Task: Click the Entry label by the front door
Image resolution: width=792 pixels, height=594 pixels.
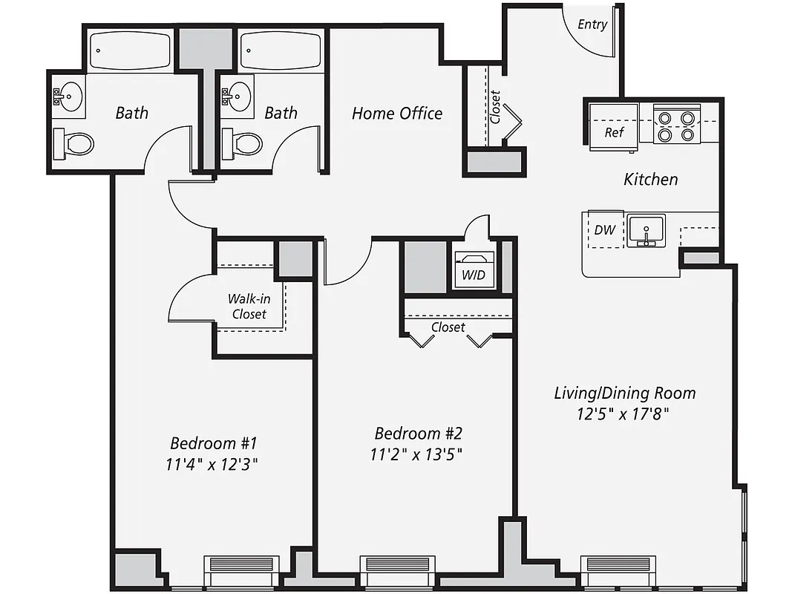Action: pyautogui.click(x=592, y=25)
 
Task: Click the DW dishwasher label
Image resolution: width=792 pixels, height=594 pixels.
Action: pyautogui.click(x=605, y=229)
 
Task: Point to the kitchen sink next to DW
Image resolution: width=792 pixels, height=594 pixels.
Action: pyautogui.click(x=647, y=230)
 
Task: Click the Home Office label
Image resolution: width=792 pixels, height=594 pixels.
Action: pyautogui.click(x=397, y=114)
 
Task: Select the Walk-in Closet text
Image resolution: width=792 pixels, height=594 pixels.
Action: pyautogui.click(x=248, y=306)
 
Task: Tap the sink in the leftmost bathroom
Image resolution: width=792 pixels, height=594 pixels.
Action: pyautogui.click(x=71, y=97)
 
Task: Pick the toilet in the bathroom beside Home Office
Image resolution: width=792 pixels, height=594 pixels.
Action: pyautogui.click(x=242, y=143)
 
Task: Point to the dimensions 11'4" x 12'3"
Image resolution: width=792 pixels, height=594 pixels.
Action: pyautogui.click(x=213, y=465)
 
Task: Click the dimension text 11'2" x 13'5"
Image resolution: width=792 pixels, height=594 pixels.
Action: pyautogui.click(x=417, y=454)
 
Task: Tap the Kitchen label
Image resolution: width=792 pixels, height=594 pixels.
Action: pyautogui.click(x=650, y=179)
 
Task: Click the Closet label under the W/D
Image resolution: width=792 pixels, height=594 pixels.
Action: pyautogui.click(x=448, y=327)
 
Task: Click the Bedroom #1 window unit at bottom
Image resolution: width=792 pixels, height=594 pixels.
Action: pyautogui.click(x=242, y=571)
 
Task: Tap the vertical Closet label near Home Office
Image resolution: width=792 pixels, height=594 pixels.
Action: pyautogui.click(x=495, y=106)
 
